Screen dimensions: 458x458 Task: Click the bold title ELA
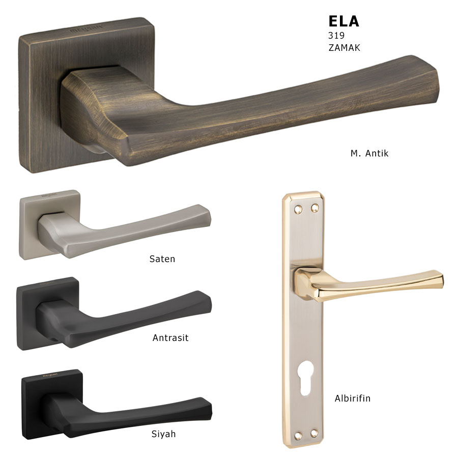[343, 21]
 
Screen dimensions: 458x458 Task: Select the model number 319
[336, 35]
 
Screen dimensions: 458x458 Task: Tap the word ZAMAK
[344, 48]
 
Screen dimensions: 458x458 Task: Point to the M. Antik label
[369, 153]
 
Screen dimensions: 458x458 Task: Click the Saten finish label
[162, 259]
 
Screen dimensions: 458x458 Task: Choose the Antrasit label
[170, 338]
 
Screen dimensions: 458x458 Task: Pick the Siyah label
[163, 434]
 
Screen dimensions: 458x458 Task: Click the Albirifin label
[353, 398]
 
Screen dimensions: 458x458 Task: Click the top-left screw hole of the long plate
[298, 209]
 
